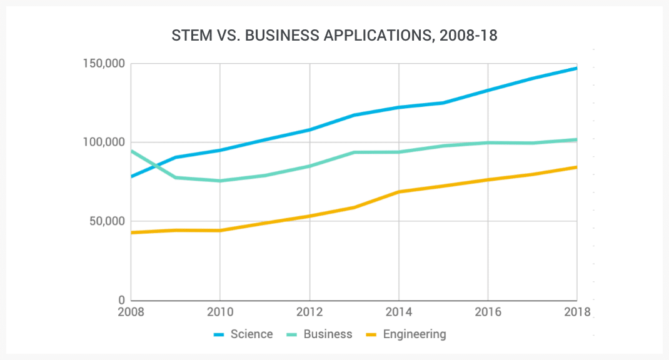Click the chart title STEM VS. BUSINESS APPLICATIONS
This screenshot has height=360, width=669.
pyautogui.click(x=334, y=36)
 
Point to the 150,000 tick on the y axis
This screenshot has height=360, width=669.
pyautogui.click(x=104, y=64)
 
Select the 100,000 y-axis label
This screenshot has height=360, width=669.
pyautogui.click(x=104, y=142)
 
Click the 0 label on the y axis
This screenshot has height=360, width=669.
pyautogui.click(x=122, y=300)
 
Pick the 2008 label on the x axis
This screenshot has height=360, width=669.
pyautogui.click(x=131, y=311)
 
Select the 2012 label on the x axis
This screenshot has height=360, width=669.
pyautogui.click(x=309, y=311)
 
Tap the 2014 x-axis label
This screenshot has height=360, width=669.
pyautogui.click(x=398, y=311)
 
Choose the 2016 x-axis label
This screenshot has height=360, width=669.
pyautogui.click(x=487, y=311)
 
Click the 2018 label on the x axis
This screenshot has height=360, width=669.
pyautogui.click(x=576, y=311)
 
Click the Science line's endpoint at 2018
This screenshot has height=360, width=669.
pyautogui.click(x=576, y=68)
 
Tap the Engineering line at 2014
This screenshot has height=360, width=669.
pyautogui.click(x=398, y=192)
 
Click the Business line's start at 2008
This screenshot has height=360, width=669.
pyautogui.click(x=132, y=151)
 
